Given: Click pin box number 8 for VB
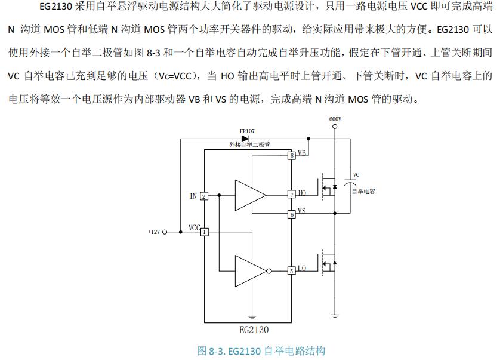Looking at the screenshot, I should click(x=291, y=156).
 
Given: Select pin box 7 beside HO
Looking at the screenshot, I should click(x=291, y=194).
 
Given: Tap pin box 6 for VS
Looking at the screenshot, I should click(x=291, y=214).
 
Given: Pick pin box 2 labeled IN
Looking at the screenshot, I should click(x=204, y=196).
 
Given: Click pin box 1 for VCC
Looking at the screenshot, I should click(x=204, y=232).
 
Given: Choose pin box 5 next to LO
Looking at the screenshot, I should click(x=291, y=270).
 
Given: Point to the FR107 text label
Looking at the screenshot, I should click(x=246, y=130).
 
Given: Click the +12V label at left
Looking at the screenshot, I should click(x=154, y=232).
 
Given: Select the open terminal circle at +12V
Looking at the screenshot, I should click(x=165, y=232).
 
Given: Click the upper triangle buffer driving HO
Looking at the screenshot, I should click(x=249, y=194).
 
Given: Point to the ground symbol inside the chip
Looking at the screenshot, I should click(x=252, y=316).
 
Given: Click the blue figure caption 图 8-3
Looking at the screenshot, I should click(x=261, y=350).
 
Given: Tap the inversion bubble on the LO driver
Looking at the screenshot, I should click(x=269, y=270).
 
